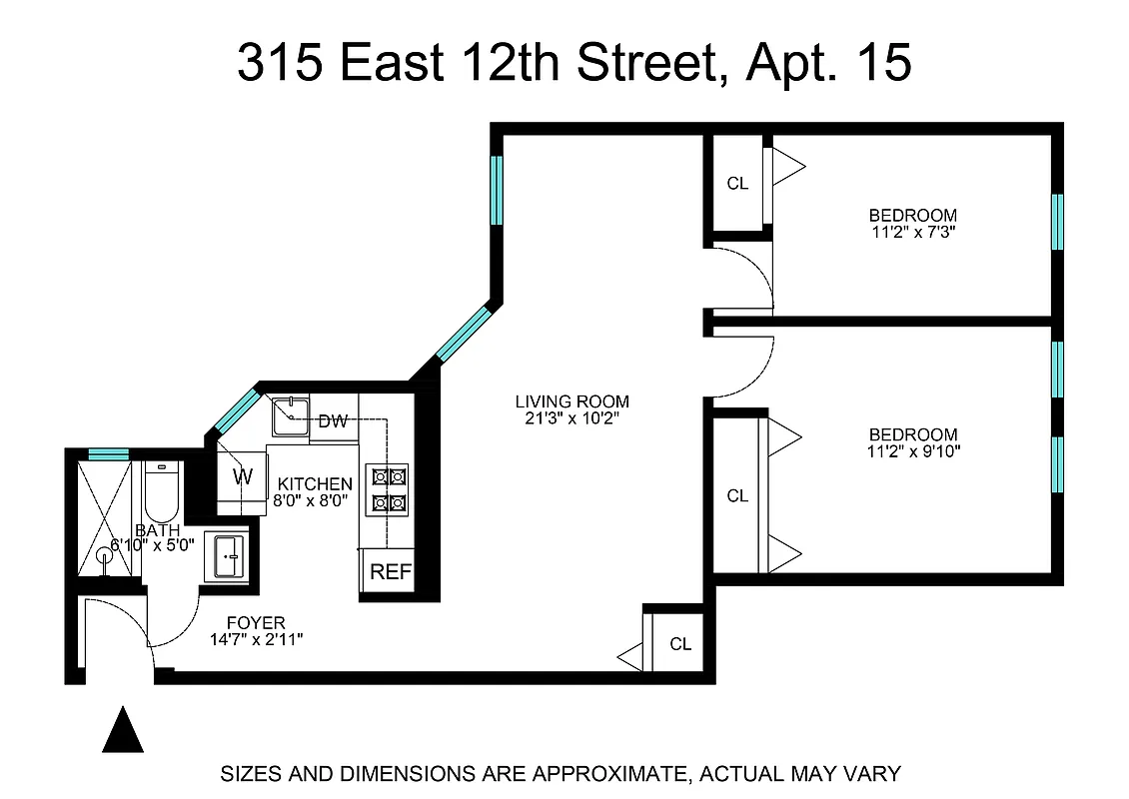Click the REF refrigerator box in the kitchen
tap(386, 571)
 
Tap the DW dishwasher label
tap(333, 421)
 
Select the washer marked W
tap(243, 475)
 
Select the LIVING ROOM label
tap(572, 402)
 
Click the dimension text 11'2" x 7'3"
tap(912, 232)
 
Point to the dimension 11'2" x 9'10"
tap(912, 451)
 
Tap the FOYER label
tap(256, 623)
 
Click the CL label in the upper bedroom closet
tap(737, 184)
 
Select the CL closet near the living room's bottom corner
tap(680, 644)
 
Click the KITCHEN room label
tap(315, 484)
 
